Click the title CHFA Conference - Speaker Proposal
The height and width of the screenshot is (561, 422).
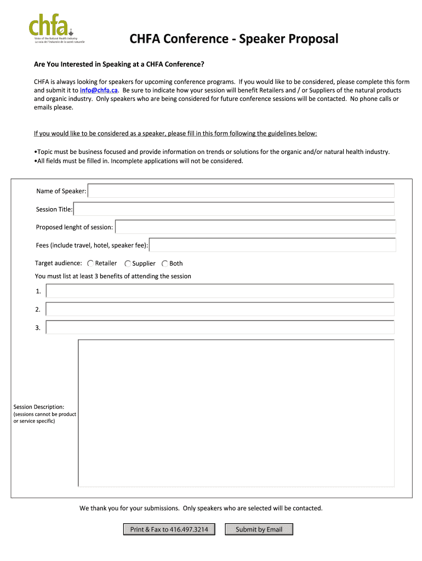pos(234,39)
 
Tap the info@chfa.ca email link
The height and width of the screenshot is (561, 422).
pos(99,90)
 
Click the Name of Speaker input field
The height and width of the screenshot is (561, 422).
pos(241,191)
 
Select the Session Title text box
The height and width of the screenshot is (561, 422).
pos(233,209)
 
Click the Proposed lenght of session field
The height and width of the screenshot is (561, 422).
pos(255,227)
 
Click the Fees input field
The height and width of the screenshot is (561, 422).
pos(272,245)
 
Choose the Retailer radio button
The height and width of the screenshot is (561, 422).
pos(90,264)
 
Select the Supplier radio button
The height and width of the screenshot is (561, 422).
pos(128,264)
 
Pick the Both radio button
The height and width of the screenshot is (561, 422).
pos(165,264)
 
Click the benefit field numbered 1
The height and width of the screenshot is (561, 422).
pos(220,291)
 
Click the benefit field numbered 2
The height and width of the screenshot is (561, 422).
pos(220,309)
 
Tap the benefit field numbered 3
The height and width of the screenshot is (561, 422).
pos(220,327)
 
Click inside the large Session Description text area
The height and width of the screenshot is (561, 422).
pos(236,413)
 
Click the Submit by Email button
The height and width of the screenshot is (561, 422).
pos(259,529)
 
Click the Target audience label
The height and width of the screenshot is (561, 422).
pos(59,264)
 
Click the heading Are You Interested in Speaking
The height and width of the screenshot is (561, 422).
pos(119,65)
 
